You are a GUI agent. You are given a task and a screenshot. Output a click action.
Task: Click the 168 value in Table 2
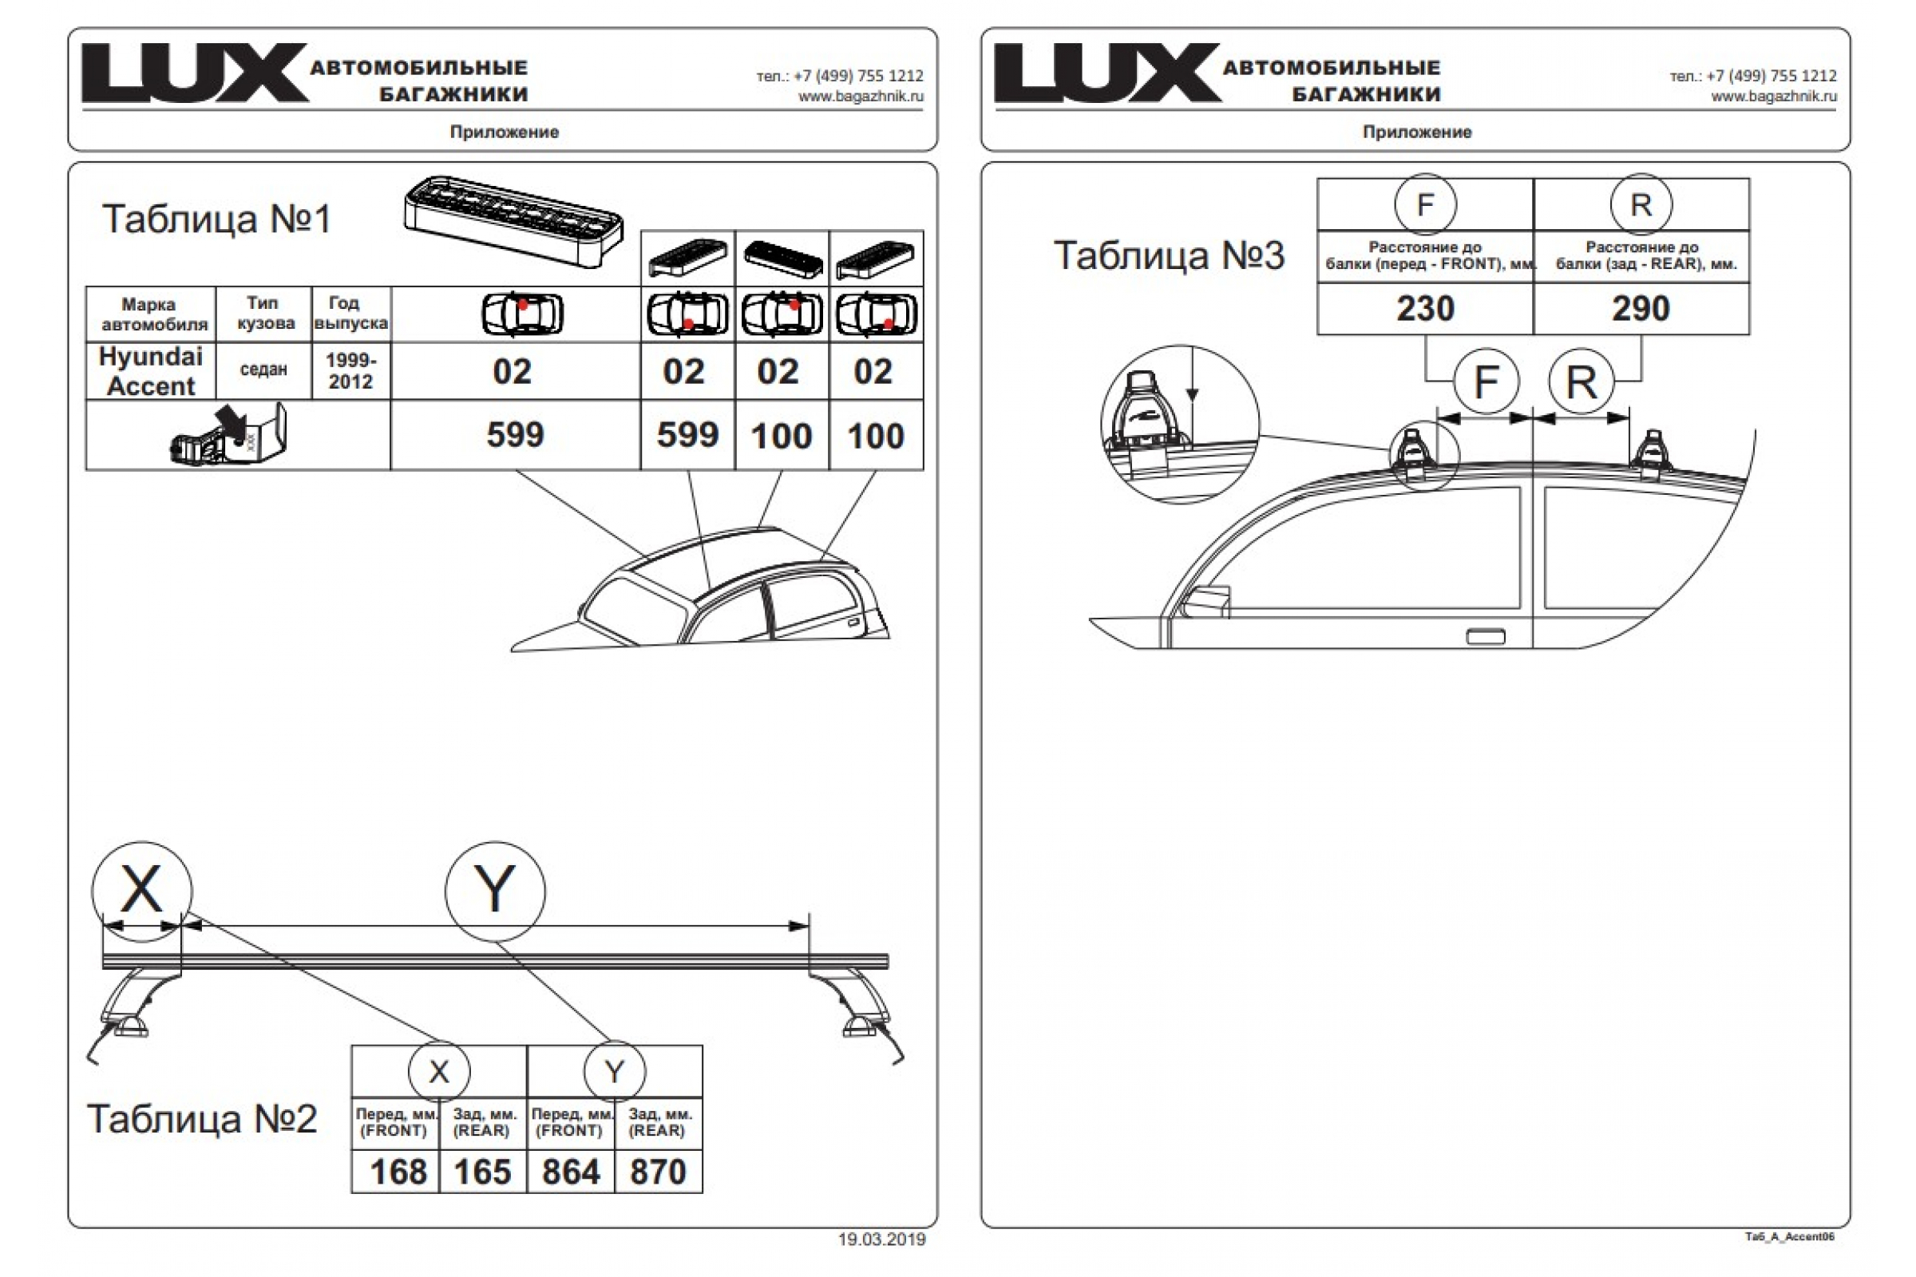point(398,1172)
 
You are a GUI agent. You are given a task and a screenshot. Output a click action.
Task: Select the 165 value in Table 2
point(482,1172)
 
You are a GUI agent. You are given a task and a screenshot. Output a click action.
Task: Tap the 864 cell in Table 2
point(570,1172)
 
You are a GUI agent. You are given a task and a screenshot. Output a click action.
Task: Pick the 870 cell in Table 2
point(657,1172)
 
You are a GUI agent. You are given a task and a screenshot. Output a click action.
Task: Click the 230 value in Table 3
point(1425,309)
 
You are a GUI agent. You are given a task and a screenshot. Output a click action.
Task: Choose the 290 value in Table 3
point(1641,309)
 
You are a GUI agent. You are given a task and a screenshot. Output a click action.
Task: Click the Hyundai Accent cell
point(151,371)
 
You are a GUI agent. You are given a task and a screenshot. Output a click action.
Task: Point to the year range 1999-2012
point(351,370)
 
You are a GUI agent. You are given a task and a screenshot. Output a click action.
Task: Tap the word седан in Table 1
point(263,370)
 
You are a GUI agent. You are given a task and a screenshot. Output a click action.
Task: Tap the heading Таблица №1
point(216,219)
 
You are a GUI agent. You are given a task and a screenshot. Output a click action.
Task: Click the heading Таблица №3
point(1169,255)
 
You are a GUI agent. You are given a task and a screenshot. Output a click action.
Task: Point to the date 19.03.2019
point(881,1239)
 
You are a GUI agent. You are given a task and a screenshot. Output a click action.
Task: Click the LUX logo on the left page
point(195,73)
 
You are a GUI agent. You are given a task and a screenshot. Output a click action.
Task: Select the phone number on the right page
point(1753,76)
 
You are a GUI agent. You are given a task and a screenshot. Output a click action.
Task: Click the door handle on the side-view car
point(1486,637)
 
